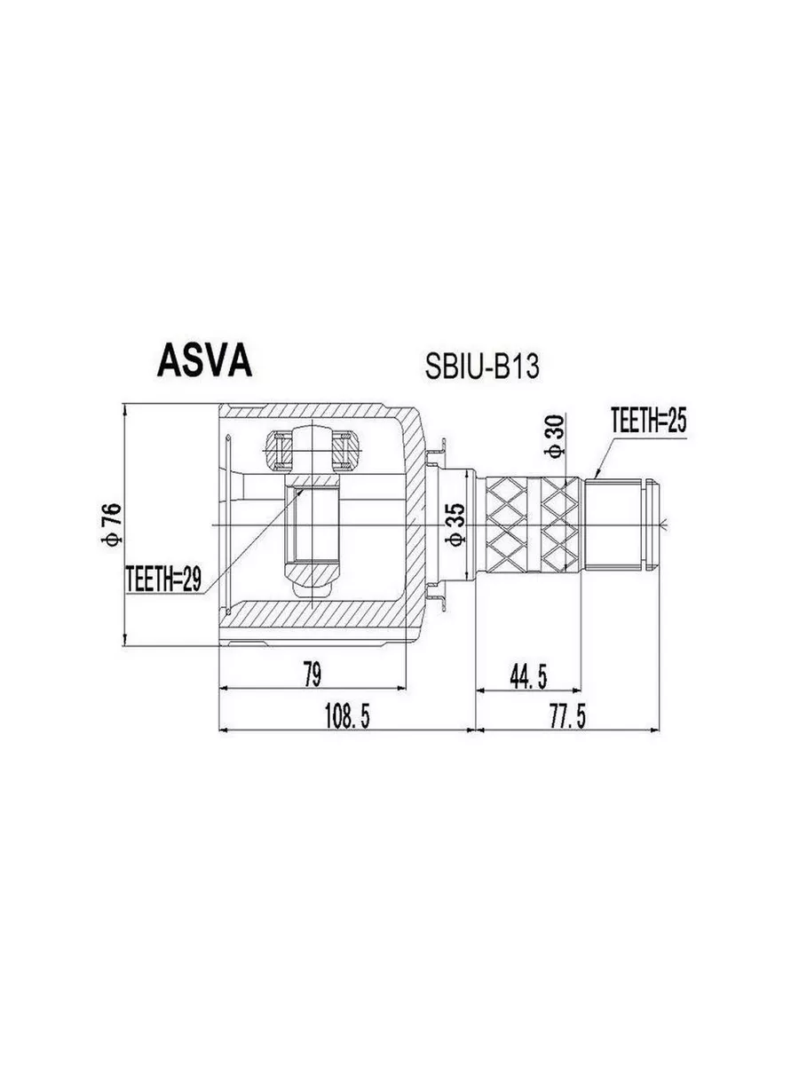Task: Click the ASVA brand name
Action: (x=205, y=361)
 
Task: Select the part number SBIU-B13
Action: (x=482, y=367)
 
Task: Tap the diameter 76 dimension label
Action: (x=113, y=525)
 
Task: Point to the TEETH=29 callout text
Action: (x=163, y=580)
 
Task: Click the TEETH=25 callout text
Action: (x=649, y=420)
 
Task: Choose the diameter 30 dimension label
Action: (x=557, y=436)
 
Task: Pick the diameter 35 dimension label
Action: (x=457, y=525)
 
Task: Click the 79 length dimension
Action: (x=312, y=674)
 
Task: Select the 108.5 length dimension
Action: (x=347, y=716)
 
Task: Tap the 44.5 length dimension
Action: (x=528, y=677)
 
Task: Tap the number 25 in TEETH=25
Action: (x=676, y=420)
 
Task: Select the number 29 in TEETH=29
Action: (x=191, y=580)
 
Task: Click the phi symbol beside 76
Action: (x=113, y=540)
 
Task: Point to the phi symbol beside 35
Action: (x=457, y=540)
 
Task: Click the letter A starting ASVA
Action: (x=169, y=361)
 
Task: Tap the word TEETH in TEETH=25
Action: (x=633, y=420)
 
